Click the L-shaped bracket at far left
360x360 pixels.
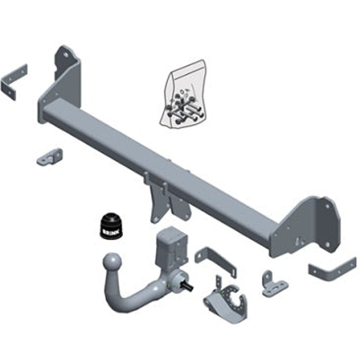(x=13, y=82)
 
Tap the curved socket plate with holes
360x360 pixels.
(x=226, y=299)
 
